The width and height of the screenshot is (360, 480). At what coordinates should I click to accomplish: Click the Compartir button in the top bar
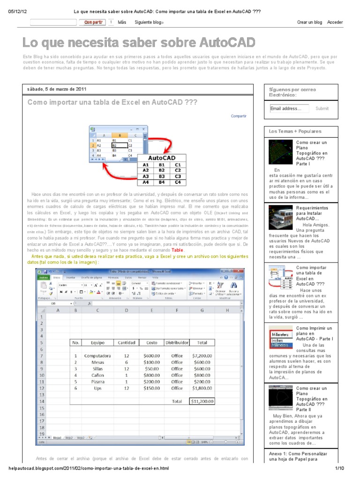click(93, 22)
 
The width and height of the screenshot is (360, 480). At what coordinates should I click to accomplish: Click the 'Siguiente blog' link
click(149, 22)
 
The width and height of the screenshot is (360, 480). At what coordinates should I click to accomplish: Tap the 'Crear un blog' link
click(309, 22)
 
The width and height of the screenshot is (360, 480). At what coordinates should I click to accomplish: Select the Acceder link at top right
click(335, 22)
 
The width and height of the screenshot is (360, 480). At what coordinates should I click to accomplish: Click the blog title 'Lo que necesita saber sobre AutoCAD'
click(139, 43)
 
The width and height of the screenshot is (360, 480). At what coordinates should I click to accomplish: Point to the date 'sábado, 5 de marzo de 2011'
click(57, 89)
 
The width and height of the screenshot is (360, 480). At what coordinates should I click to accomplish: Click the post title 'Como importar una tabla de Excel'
click(112, 103)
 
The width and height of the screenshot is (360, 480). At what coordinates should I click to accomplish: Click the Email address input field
click(289, 108)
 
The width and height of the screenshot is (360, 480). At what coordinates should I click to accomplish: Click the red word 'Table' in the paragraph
click(178, 250)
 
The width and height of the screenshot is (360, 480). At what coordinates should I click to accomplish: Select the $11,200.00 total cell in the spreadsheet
click(202, 401)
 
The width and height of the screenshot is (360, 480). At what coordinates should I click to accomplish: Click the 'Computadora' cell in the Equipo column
click(97, 356)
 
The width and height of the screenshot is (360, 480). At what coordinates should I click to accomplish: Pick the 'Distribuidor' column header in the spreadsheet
click(177, 343)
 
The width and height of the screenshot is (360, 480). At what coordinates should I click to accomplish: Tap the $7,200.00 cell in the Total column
click(202, 356)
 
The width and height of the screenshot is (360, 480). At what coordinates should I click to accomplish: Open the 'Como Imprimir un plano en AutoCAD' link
click(314, 333)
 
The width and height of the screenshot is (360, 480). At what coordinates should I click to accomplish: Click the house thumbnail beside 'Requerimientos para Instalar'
click(280, 217)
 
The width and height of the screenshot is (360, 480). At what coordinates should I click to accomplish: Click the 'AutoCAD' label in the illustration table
click(161, 158)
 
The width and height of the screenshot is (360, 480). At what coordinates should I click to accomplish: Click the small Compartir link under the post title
click(239, 116)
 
